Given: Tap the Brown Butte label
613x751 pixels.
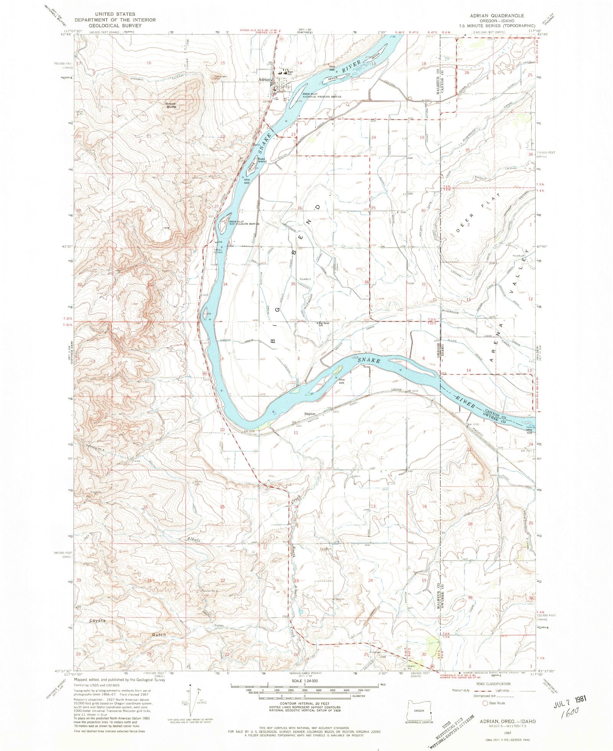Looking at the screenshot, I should [171, 105].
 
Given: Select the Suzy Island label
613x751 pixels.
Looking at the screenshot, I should [262, 160].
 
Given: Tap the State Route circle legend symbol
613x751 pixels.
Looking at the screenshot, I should [485, 703].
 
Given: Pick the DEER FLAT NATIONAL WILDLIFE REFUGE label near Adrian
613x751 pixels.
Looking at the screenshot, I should [322, 95].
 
